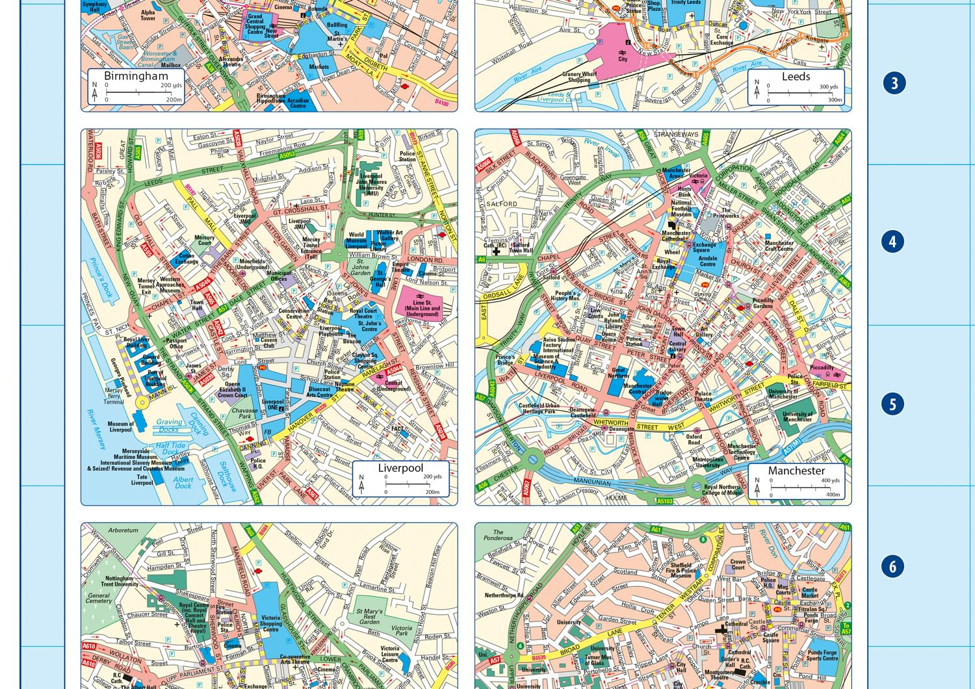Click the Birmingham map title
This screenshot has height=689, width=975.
tap(136, 76)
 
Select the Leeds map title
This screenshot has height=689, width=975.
tap(796, 77)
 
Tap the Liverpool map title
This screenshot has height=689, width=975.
tap(400, 468)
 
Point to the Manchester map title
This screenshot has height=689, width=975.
tap(796, 471)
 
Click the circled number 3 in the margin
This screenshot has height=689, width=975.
tap(894, 83)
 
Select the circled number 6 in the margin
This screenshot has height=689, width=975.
tap(892, 567)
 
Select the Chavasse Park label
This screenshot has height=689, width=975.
tap(244, 413)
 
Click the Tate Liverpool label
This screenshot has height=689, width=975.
tap(142, 480)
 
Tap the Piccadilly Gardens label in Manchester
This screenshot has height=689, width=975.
tap(762, 303)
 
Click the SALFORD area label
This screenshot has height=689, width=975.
tap(502, 204)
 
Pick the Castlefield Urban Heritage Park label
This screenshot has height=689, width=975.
tap(539, 408)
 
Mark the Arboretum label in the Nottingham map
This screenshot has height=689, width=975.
tap(123, 530)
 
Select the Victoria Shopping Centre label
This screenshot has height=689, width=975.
tap(270, 623)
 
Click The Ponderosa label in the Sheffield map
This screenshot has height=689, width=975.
tap(498, 535)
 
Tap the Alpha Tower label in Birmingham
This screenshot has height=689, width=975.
tap(148, 16)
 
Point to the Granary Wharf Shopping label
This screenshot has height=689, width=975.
tap(579, 77)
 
